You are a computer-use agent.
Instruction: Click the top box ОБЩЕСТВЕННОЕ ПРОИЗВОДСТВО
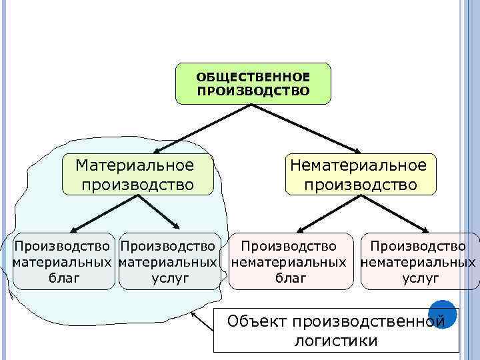pyautogui.click(x=253, y=83)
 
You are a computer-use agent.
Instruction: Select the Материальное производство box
pyautogui.click(x=138, y=174)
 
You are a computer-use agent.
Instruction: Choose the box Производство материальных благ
pyautogui.click(x=64, y=261)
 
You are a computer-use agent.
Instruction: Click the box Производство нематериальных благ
pyautogui.click(x=289, y=261)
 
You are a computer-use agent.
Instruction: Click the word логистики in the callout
pyautogui.click(x=335, y=341)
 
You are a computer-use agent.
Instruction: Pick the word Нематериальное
pyautogui.click(x=357, y=164)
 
